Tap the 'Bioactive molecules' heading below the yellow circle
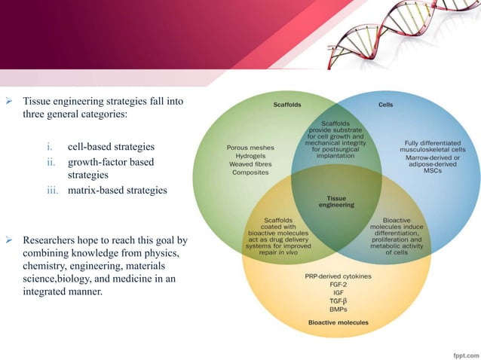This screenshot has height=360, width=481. [x=339, y=322]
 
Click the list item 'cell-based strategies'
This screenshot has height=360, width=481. [x=111, y=146]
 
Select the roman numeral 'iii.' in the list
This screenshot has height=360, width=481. [x=54, y=191]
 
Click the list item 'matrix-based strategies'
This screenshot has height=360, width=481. [x=117, y=191]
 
